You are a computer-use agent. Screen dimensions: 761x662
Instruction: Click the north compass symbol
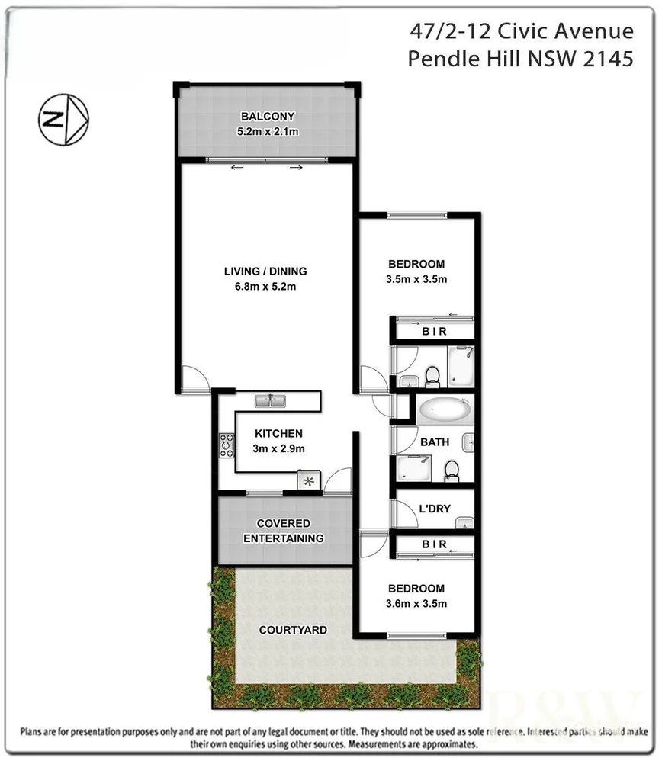64,119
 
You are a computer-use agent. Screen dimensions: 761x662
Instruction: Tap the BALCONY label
268,117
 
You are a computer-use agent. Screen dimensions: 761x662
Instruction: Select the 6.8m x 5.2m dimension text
265,287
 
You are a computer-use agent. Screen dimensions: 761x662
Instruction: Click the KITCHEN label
278,433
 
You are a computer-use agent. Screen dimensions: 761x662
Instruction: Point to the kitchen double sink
268,400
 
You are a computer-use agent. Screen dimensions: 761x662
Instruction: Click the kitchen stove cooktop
227,445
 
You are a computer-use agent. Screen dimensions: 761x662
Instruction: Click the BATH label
435,442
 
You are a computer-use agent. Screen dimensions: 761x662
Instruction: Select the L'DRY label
432,509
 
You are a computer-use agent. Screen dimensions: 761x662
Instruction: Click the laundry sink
464,522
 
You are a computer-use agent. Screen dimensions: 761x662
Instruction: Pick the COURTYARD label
293,630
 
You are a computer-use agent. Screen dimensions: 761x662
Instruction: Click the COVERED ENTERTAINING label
283,531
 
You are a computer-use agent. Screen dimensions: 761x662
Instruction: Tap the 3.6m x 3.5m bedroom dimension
416,604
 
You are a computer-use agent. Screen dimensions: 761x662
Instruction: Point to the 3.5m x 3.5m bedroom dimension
416,279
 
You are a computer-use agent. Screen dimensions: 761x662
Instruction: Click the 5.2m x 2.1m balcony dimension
268,131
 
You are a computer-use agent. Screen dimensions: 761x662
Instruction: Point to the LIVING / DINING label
265,271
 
